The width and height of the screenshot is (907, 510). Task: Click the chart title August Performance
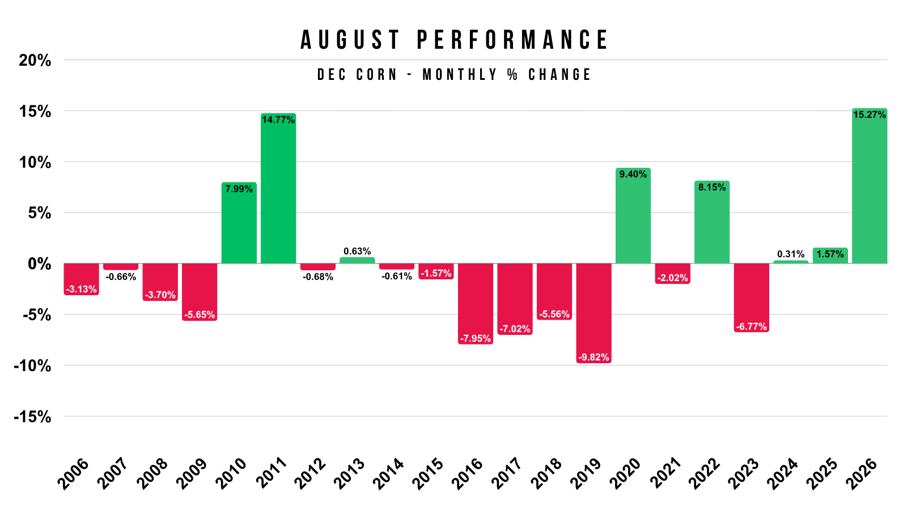tap(454, 40)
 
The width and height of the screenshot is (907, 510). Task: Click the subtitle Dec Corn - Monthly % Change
tap(454, 74)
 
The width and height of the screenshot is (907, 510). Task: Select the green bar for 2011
tap(278, 188)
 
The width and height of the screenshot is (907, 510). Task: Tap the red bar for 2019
tap(594, 313)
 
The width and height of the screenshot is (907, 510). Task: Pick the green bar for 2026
tap(870, 186)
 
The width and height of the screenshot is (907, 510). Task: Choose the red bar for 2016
tap(476, 304)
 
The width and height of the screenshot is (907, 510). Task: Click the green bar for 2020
tap(633, 216)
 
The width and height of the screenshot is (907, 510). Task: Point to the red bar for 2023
tap(751, 298)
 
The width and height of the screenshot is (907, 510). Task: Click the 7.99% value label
tap(239, 189)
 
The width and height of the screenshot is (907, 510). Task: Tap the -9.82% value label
tap(594, 357)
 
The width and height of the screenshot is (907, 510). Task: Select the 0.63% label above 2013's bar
tap(357, 252)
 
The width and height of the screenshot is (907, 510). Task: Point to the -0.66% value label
tap(121, 277)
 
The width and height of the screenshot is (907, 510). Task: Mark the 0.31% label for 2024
tap(791, 254)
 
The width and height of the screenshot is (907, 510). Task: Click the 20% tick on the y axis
tap(35, 61)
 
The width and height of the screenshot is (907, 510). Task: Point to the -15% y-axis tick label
tap(32, 417)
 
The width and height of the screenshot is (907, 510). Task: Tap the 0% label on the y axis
tap(40, 264)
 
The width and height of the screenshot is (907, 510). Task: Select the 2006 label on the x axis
tap(73, 474)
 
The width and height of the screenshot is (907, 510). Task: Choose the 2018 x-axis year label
tap(546, 474)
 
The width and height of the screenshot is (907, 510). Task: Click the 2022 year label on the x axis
tap(704, 474)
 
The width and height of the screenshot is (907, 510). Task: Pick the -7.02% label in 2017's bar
tap(515, 329)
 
